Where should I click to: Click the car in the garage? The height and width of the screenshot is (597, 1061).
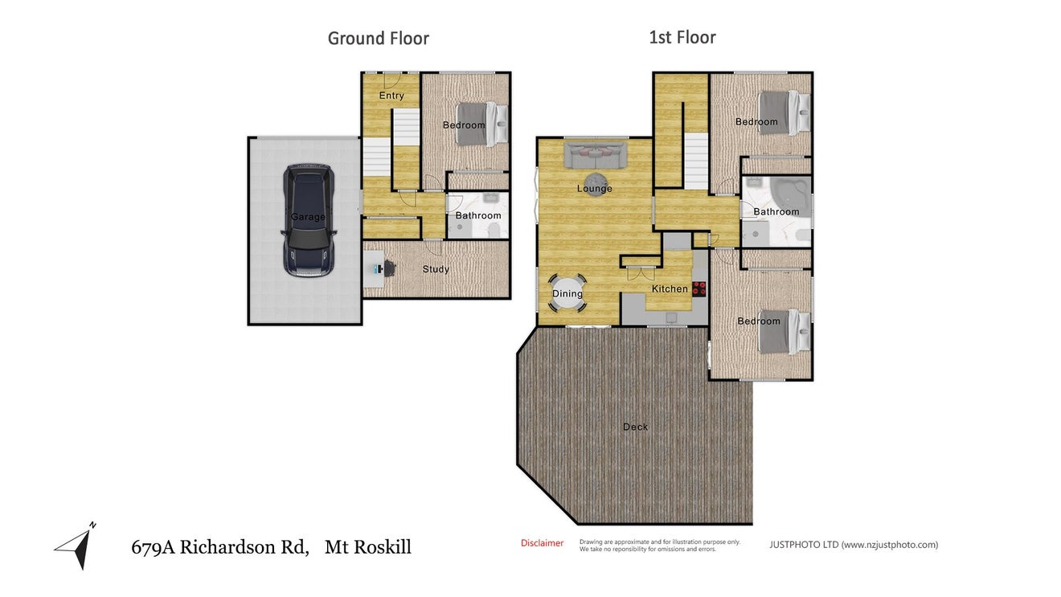point(309,220)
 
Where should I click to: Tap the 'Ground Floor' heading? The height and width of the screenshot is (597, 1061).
point(378,39)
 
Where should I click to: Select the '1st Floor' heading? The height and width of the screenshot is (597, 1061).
point(682,38)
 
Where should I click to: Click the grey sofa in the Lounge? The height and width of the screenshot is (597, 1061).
point(596,155)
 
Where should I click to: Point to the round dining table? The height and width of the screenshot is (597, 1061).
point(567,293)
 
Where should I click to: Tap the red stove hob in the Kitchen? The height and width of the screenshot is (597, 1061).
point(699,288)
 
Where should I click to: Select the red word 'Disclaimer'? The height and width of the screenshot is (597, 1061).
point(542,543)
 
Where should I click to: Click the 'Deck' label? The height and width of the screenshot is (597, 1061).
point(635,427)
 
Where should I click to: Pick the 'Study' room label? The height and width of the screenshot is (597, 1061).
point(436,269)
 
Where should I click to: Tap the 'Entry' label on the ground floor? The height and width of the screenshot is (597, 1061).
point(391,95)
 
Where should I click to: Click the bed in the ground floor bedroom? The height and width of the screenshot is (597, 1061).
point(481,125)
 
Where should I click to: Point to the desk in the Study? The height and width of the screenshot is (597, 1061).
point(373,269)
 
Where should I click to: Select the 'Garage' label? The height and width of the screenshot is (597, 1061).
point(308,217)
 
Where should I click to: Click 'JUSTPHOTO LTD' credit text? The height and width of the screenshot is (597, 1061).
point(804,545)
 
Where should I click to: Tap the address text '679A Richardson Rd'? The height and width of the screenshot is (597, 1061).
point(219,547)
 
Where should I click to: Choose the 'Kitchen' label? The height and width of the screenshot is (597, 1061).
point(670,288)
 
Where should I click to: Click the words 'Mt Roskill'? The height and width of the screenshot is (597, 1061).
point(368,547)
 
